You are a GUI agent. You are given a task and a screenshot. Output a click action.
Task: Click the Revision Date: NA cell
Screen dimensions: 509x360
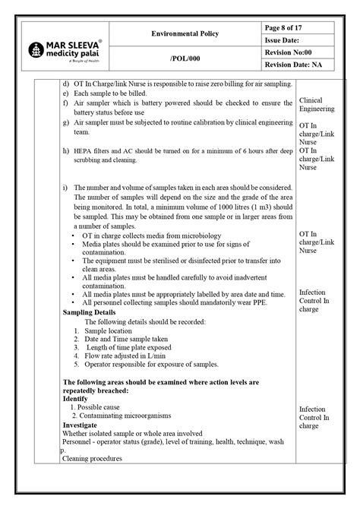pyautogui.click(x=297, y=65)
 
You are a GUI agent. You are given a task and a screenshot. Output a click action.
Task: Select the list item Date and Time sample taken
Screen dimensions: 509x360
pyautogui.click(x=126, y=339)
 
